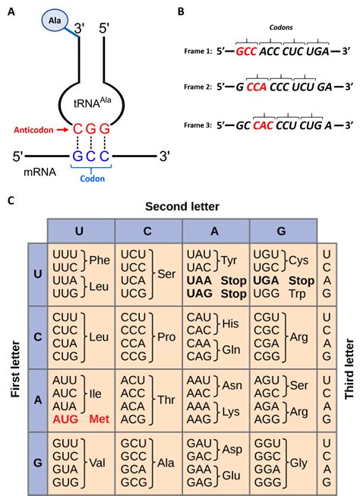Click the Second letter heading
pos(182,205)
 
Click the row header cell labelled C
pos(36,337)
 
